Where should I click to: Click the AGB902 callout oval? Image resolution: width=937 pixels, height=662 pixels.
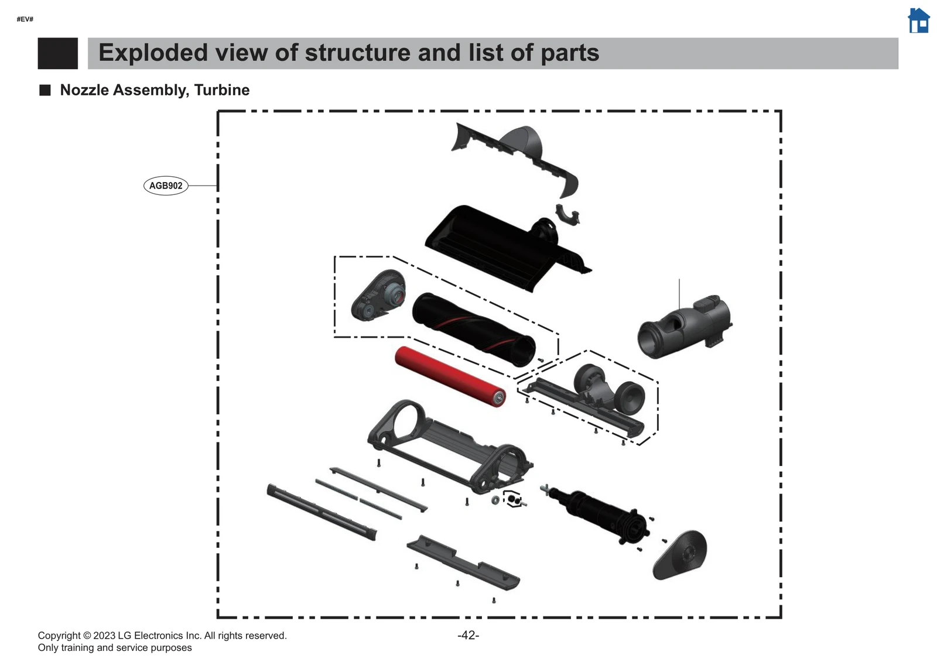click(x=166, y=186)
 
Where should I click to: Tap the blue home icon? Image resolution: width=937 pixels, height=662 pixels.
click(x=918, y=20)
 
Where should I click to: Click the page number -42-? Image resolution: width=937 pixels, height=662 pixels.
click(x=468, y=635)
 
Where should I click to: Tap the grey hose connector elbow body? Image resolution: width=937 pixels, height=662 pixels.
click(x=684, y=324)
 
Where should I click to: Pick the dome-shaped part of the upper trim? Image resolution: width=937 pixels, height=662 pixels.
click(x=524, y=141)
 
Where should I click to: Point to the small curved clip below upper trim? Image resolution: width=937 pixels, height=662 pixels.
click(x=567, y=215)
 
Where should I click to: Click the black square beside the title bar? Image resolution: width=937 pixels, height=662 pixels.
click(x=57, y=53)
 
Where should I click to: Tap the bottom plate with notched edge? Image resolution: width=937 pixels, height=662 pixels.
click(x=462, y=561)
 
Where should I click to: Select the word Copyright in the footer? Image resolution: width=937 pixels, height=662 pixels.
click(x=59, y=636)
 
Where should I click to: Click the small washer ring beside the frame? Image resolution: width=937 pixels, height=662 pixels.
click(x=495, y=500)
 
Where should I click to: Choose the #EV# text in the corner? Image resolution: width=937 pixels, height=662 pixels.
click(x=25, y=19)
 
